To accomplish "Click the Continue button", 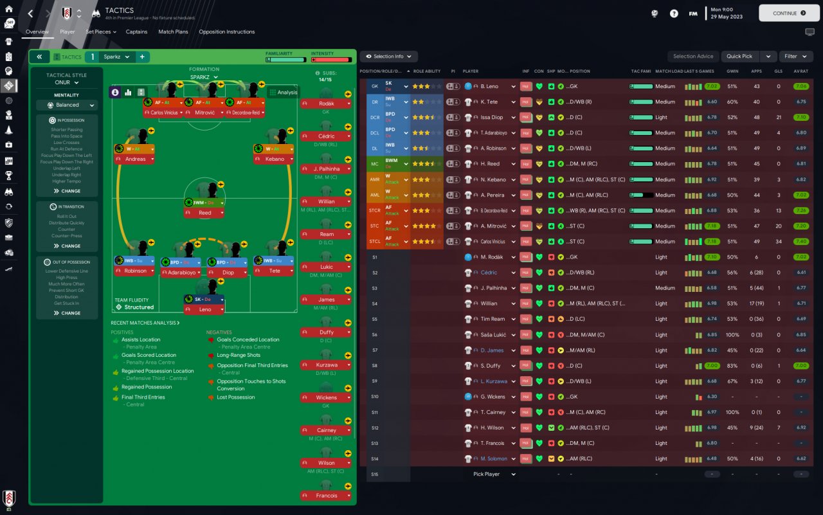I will [789, 13].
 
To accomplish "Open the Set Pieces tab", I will [100, 32].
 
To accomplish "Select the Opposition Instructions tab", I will [226, 32].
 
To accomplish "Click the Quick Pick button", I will [739, 57].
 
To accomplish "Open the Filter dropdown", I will [796, 57].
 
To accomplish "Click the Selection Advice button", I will [693, 57].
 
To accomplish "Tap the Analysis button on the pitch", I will [284, 92].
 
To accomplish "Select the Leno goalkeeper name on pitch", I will [204, 309].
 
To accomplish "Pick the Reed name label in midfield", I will [204, 213].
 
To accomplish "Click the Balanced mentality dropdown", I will [67, 105].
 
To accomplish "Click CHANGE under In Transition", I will [67, 246].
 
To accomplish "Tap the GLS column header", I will [778, 71].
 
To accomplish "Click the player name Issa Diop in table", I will [492, 118].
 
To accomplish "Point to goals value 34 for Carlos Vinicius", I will [778, 242].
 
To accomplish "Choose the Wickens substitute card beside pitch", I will [326, 398].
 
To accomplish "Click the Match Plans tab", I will [173, 32].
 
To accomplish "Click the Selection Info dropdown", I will [389, 57].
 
